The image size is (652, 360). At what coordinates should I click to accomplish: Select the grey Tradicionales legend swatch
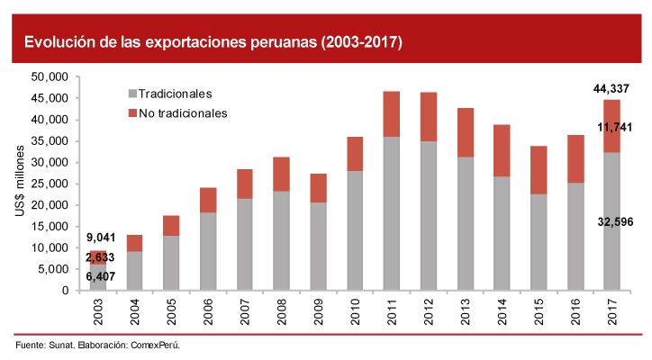[x=133, y=93]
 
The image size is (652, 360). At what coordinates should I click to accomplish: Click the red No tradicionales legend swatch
[x=133, y=112]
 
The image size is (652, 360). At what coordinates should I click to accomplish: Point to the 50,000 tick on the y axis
[x=51, y=76]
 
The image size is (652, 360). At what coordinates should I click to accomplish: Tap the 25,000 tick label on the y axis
[x=51, y=184]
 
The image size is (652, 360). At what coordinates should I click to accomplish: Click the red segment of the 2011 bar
[x=392, y=113]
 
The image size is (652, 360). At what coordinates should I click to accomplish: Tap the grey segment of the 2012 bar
[x=428, y=216]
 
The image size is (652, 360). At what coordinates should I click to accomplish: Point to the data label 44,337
[x=611, y=88]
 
